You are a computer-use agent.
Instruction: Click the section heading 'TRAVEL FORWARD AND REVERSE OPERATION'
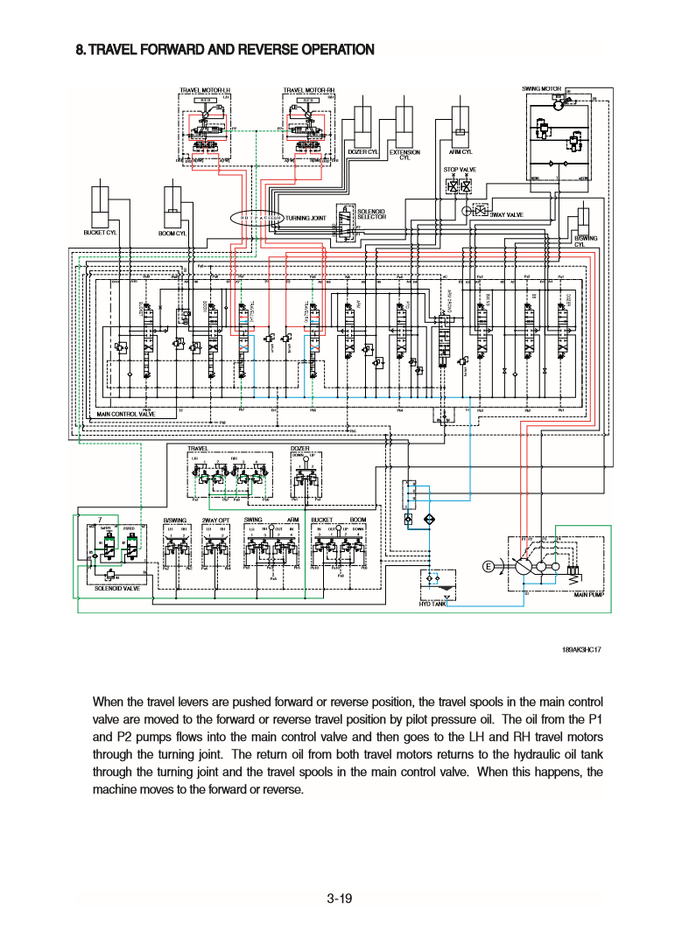point(225,50)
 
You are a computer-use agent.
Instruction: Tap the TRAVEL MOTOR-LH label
point(204,89)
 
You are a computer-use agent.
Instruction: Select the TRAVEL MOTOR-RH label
point(309,89)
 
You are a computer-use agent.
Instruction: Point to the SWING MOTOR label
point(541,88)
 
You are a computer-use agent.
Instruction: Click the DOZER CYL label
point(362,152)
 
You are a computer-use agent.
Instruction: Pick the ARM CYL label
point(461,152)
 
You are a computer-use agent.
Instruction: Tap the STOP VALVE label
point(460,169)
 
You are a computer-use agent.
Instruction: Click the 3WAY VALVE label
point(506,214)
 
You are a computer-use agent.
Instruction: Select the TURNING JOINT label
point(306,217)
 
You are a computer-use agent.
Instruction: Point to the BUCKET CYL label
point(101,233)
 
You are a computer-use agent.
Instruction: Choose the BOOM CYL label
point(172,234)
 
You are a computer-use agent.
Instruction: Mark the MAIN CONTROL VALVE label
point(125,414)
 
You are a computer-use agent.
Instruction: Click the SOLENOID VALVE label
point(116,589)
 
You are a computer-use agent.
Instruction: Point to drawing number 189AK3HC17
point(579,651)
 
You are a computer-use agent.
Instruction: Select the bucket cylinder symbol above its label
point(102,207)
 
